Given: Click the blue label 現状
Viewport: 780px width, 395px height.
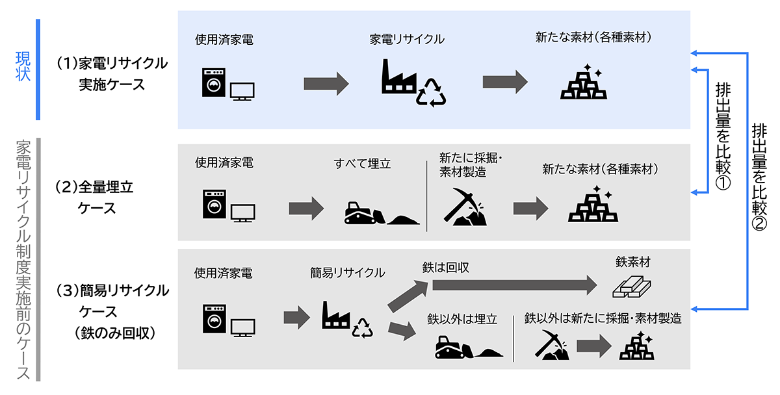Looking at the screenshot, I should pos(23,67).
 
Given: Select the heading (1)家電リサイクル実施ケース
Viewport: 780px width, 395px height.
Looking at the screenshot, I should pos(112,73).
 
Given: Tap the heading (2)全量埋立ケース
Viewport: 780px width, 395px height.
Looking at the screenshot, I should pos(95,197).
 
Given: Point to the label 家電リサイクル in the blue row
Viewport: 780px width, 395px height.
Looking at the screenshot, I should pos(407,40).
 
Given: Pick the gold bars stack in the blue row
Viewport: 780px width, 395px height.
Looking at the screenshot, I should pos(583,83).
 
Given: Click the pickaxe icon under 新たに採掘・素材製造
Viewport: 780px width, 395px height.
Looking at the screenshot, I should pos(466,207).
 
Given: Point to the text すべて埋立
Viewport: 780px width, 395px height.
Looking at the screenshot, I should pos(363,164).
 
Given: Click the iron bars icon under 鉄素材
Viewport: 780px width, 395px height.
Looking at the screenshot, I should pos(632,285).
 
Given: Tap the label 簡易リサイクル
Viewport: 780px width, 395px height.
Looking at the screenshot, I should pos(347,272).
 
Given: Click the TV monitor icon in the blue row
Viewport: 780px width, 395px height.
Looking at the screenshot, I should pos(242,90).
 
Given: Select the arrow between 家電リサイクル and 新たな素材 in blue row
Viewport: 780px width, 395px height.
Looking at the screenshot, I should pos(504,83).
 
